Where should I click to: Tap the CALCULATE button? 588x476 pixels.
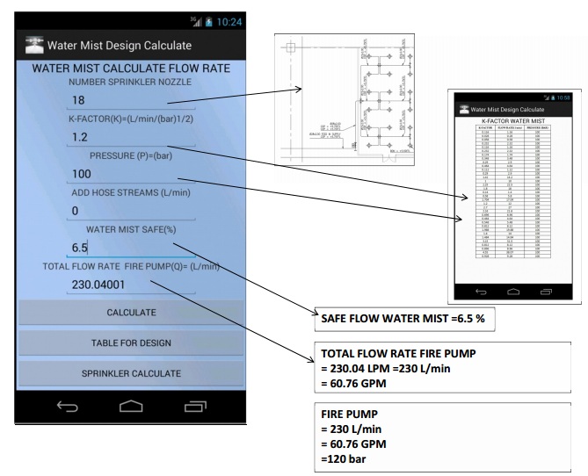131,312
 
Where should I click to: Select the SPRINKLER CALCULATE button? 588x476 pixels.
131,373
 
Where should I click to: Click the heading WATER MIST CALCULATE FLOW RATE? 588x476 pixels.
131,69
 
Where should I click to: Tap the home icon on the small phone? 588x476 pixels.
514,292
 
